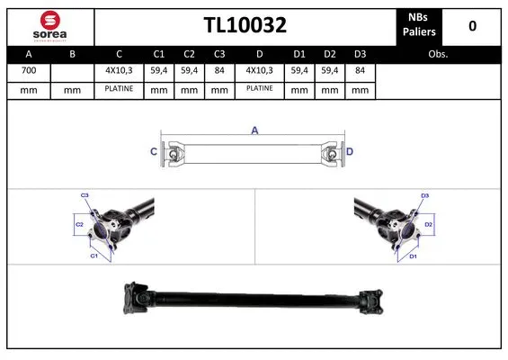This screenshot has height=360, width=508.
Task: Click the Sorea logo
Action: (49, 26)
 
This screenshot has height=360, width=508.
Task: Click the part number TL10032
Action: (245, 26)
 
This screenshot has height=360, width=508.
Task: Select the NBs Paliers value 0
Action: (472, 26)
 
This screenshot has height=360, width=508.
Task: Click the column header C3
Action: (218, 54)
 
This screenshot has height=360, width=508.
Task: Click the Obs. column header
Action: (438, 54)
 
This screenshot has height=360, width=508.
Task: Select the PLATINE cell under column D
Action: (259, 90)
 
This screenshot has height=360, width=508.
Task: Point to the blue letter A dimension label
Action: (254, 131)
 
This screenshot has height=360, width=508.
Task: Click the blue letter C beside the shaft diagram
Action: (153, 152)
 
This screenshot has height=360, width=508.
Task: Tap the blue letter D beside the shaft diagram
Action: (350, 152)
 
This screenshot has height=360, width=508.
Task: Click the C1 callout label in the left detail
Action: (93, 256)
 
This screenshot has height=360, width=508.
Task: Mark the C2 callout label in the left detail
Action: (79, 224)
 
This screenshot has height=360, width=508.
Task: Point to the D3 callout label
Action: (424, 195)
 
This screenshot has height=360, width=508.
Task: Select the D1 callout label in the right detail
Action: (414, 256)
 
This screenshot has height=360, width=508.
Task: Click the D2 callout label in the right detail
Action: (428, 224)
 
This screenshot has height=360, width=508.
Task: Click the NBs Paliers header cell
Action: (417, 26)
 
